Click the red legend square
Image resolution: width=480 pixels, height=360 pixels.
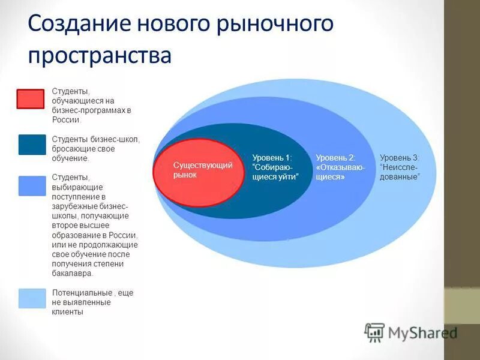(x=30, y=99)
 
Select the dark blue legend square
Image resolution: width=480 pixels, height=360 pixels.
(x=32, y=145)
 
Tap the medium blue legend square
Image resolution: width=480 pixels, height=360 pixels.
(x=32, y=186)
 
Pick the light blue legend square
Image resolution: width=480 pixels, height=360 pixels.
(x=32, y=298)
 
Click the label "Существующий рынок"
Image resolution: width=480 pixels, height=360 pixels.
(x=194, y=170)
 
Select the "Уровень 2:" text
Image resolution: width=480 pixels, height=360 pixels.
(x=335, y=157)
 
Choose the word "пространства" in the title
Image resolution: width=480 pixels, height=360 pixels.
(x=100, y=55)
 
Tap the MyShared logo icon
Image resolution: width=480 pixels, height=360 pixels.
(x=374, y=332)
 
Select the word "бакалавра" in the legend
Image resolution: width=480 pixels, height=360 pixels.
(x=72, y=274)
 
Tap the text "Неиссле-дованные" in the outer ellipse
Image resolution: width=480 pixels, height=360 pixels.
(x=400, y=172)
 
